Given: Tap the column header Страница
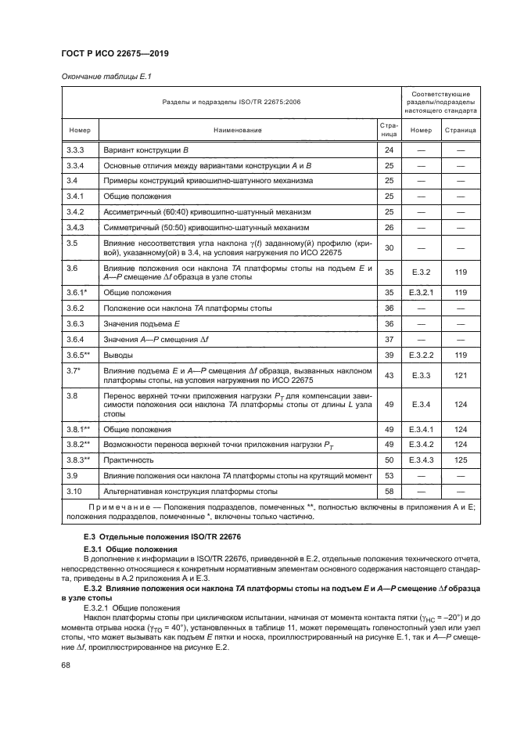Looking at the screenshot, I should point(461,130).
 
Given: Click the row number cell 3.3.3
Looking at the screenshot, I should point(75,149).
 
